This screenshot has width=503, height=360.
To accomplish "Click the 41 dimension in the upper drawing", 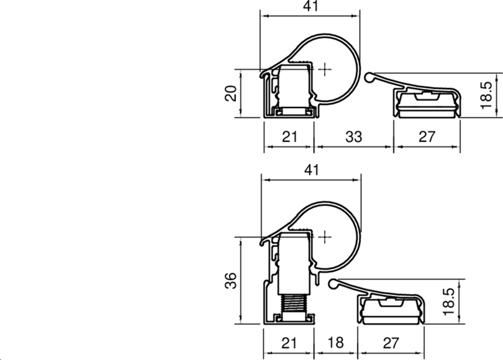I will point(311,6).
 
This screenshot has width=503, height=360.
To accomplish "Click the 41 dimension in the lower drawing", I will point(311,170).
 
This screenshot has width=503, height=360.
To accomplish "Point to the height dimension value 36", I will point(231,280).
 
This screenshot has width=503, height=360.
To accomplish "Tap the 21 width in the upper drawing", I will point(288,136).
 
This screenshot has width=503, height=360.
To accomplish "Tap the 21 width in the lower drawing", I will point(288,344).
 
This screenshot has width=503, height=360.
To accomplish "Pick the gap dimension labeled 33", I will point(353,136).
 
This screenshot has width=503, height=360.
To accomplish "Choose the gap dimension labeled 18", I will point(336,344).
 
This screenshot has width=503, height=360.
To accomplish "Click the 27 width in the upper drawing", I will point(427,136).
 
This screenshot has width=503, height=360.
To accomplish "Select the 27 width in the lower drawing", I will point(390,344).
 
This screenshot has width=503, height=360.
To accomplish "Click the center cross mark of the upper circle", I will point(324,68).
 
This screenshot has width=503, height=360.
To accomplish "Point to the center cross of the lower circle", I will point(324,237).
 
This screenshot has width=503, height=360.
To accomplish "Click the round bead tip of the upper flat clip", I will point(370,77).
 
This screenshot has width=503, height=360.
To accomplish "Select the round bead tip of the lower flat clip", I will point(334,285).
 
